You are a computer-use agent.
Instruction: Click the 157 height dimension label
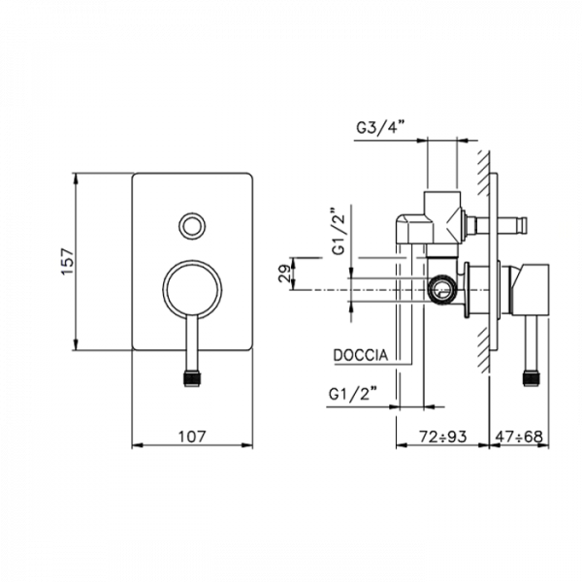[x=68, y=261]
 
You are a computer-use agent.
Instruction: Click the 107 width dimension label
[x=192, y=436]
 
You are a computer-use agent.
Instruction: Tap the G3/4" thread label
[x=379, y=128]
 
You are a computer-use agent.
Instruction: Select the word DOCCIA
[x=361, y=355]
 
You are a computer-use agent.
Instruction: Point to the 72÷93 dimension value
[x=443, y=436]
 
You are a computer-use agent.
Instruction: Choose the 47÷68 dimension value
[x=519, y=436]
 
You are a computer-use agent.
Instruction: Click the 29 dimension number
[x=285, y=274]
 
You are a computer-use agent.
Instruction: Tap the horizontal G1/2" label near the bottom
[x=353, y=394]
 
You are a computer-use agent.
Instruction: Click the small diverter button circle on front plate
[x=192, y=226]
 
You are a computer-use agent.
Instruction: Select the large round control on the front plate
[x=192, y=289]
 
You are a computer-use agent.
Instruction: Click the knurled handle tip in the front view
[x=192, y=378]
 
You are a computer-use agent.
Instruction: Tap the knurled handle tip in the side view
[x=532, y=378]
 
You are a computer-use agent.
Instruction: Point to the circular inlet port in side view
[x=441, y=289]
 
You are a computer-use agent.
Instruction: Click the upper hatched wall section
[x=483, y=173]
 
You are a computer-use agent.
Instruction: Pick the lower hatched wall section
[x=483, y=350]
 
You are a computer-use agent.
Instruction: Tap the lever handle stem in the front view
[x=192, y=342]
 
